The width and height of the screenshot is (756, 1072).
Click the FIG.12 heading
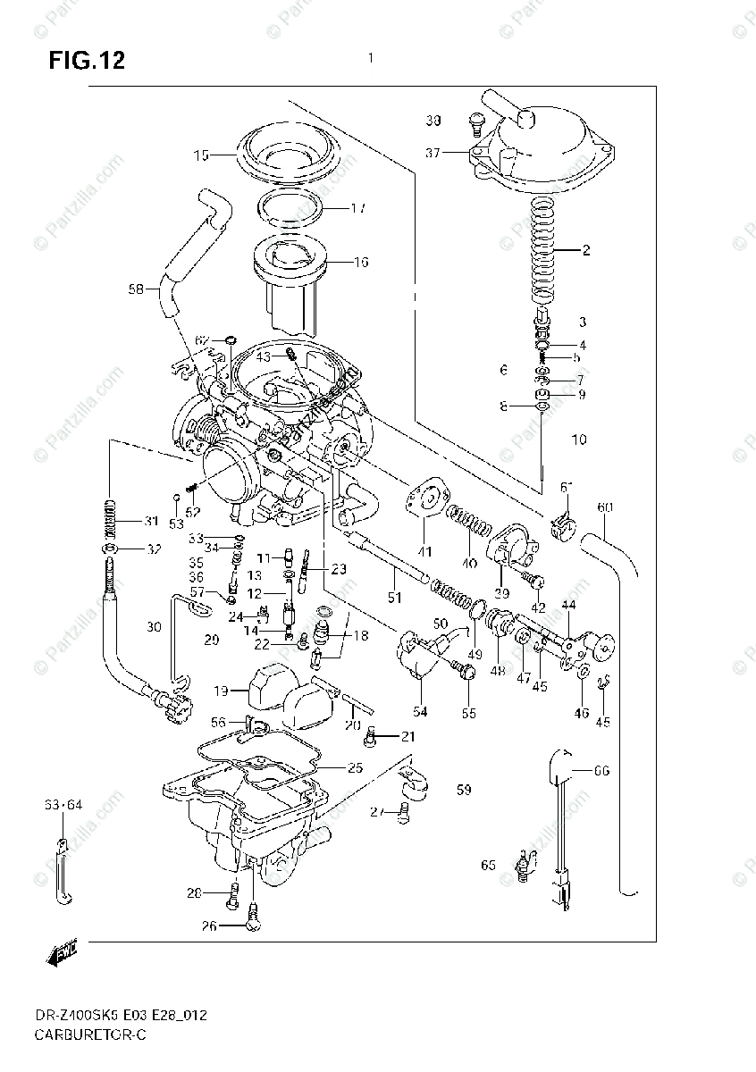coord(87,62)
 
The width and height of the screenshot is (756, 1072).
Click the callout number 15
coord(200,155)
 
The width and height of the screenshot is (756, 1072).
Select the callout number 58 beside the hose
coord(136,289)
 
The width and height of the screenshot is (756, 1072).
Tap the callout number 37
coord(433,154)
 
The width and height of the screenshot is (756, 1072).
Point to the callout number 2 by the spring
coord(586,250)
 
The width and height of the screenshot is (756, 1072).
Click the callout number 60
coord(605,508)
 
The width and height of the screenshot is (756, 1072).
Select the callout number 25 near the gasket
coord(355,767)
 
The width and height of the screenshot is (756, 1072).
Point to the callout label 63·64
coord(63,805)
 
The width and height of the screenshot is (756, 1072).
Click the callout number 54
coord(420,712)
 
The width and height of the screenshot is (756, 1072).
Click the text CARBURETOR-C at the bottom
coord(89,1034)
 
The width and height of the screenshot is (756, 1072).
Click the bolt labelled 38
coord(475,121)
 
